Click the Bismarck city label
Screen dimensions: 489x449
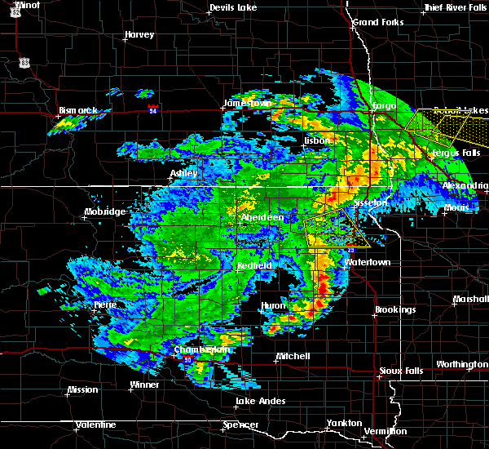point(78,110)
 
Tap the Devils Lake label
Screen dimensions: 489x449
point(233,8)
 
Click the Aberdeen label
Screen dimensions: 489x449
point(262,218)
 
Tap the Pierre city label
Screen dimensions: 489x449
point(104,305)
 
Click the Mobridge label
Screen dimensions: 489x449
point(105,212)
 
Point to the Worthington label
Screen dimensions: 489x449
point(461,364)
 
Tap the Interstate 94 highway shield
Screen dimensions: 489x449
point(152,108)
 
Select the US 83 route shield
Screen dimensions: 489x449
point(25,62)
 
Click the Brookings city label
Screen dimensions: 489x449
point(395,310)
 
